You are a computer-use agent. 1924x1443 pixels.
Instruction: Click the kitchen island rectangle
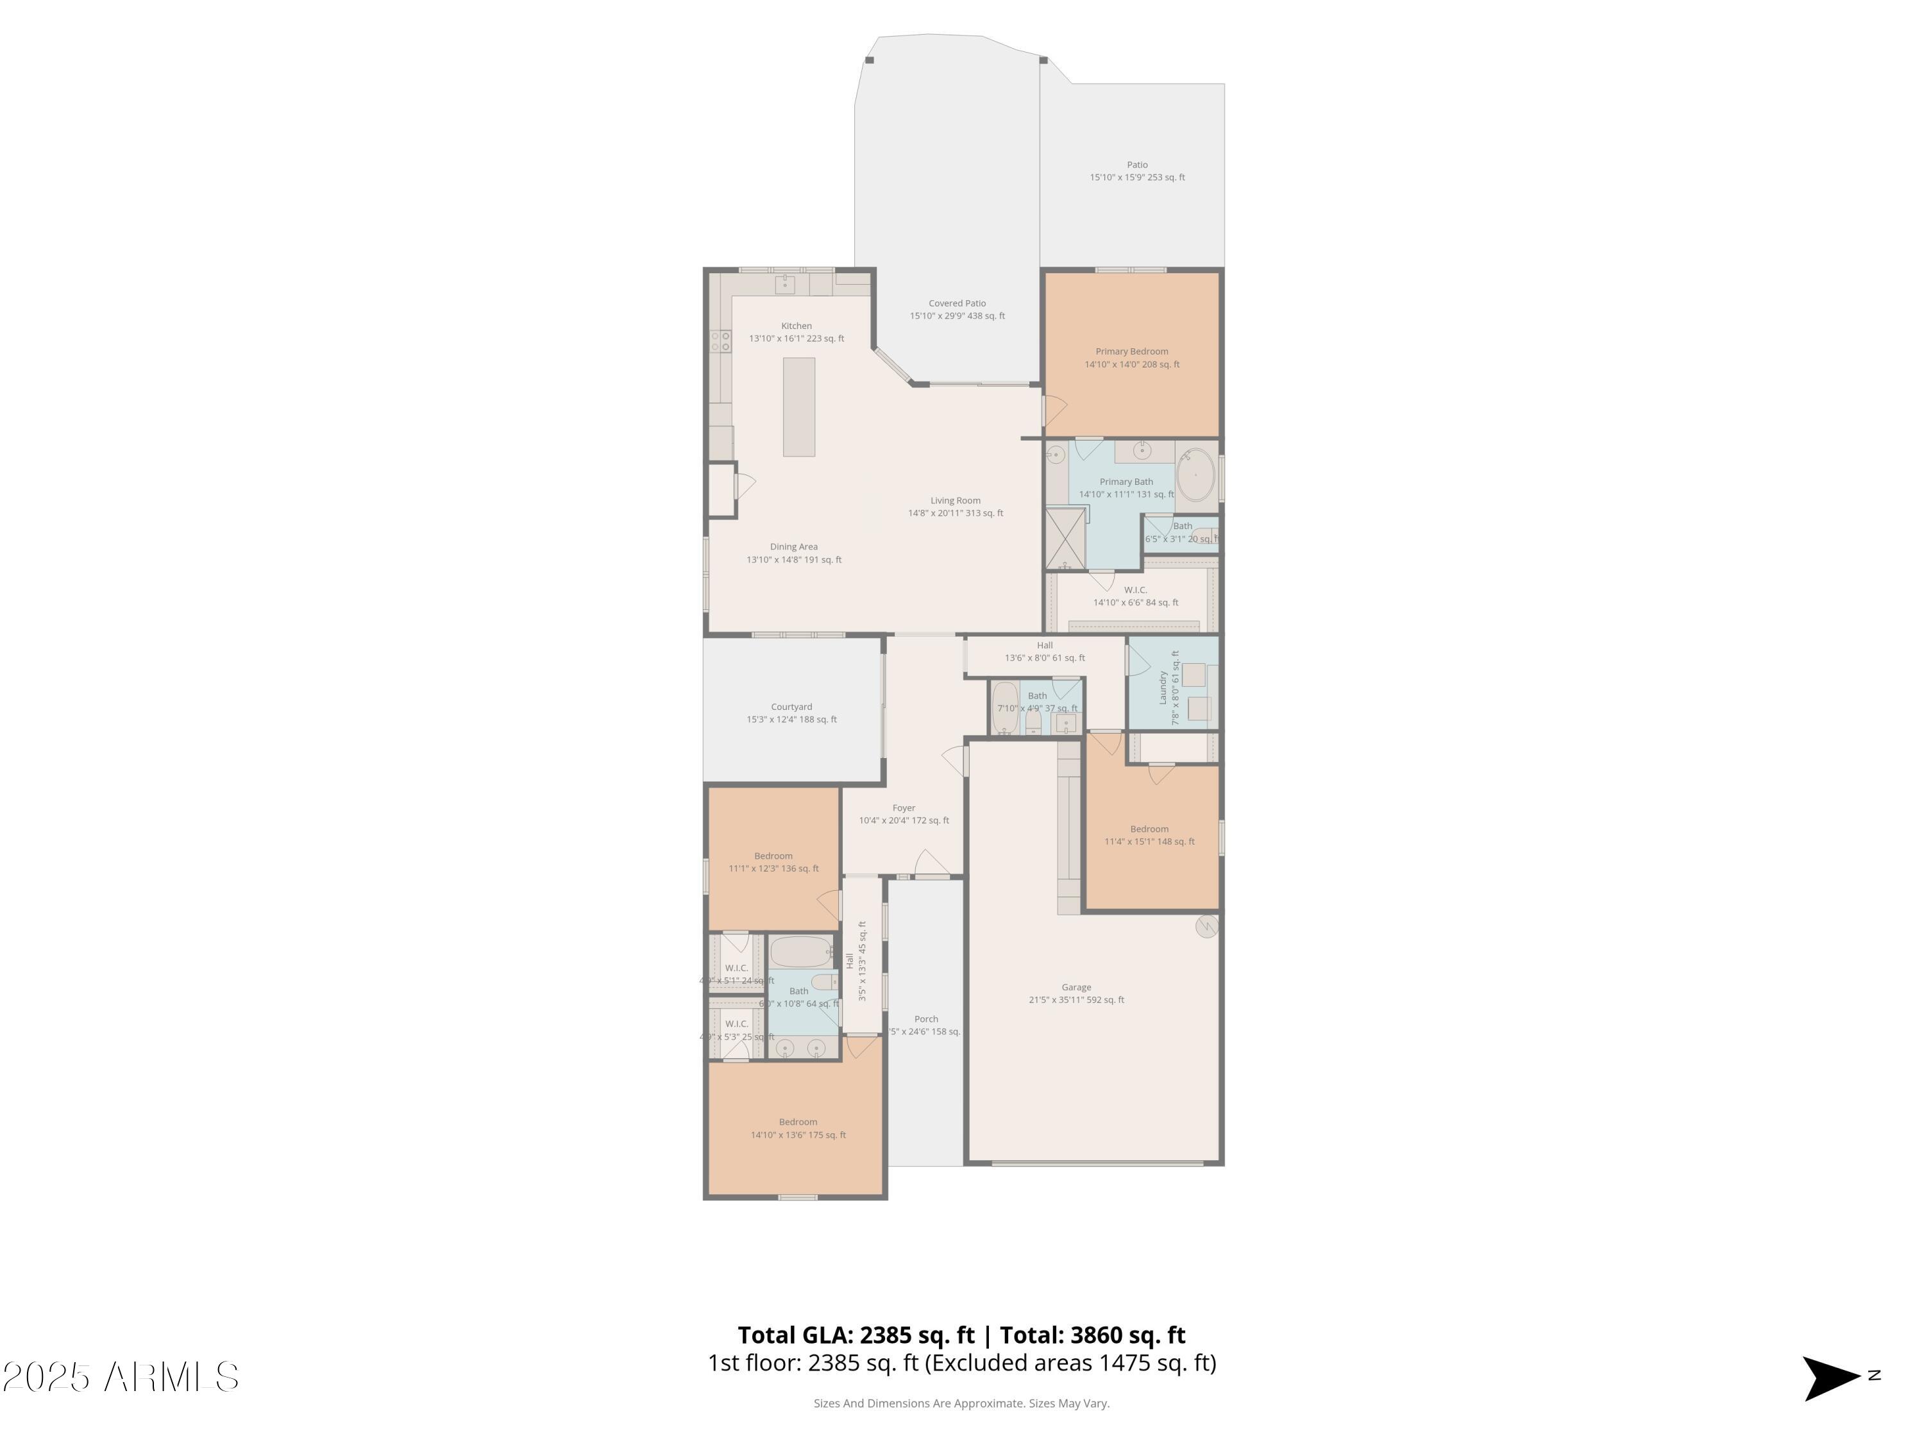(798, 407)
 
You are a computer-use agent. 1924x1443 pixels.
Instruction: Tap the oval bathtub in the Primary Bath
(1196, 476)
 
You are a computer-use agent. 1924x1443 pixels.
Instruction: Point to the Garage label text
(1076, 987)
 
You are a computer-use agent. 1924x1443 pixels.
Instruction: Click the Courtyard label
(791, 707)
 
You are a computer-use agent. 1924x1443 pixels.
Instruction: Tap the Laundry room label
(1163, 687)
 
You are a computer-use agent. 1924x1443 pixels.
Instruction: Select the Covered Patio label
(957, 303)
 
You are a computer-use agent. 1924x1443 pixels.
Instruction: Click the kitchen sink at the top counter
(784, 283)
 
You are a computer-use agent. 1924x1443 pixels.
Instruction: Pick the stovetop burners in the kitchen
(721, 341)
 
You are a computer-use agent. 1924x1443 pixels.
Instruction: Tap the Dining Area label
(793, 547)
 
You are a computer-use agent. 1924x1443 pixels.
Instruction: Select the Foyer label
(904, 808)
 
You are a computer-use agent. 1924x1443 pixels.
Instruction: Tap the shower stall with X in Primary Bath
(1065, 539)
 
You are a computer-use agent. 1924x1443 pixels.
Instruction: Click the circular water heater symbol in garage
(1206, 926)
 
